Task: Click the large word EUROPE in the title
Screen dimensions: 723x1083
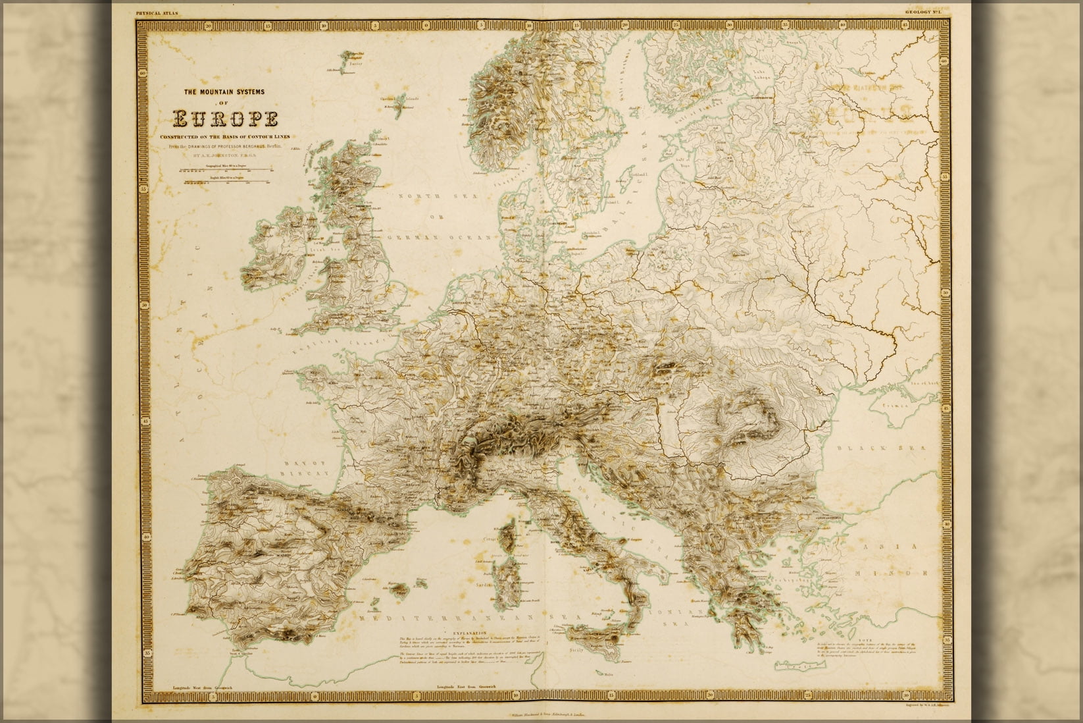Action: [x=224, y=119]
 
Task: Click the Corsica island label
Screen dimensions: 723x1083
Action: [x=497, y=556]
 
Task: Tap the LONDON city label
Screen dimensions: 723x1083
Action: [x=379, y=312]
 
